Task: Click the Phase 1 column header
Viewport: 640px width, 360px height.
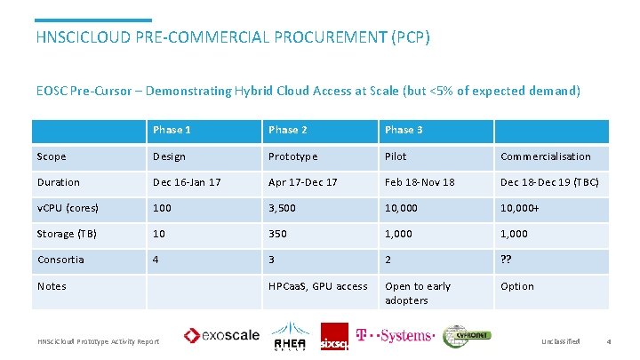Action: click(172, 131)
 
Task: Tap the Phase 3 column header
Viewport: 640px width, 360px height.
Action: click(404, 131)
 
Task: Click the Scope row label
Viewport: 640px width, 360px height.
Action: click(52, 156)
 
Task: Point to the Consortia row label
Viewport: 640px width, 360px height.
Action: click(60, 260)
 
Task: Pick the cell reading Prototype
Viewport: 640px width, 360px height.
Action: click(292, 156)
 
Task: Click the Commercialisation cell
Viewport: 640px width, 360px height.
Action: click(545, 156)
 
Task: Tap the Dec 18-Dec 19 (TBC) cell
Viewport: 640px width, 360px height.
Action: click(549, 182)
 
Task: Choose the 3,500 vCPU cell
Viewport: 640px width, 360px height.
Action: click(283, 208)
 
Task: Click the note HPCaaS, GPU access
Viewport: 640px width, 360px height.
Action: click(317, 286)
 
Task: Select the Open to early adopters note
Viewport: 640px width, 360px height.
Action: click(418, 293)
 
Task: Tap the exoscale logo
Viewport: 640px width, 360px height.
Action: click(222, 335)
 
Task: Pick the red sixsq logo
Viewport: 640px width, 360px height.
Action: click(334, 337)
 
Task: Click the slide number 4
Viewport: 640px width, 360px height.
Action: click(608, 341)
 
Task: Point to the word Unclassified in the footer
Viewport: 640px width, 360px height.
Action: click(560, 341)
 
